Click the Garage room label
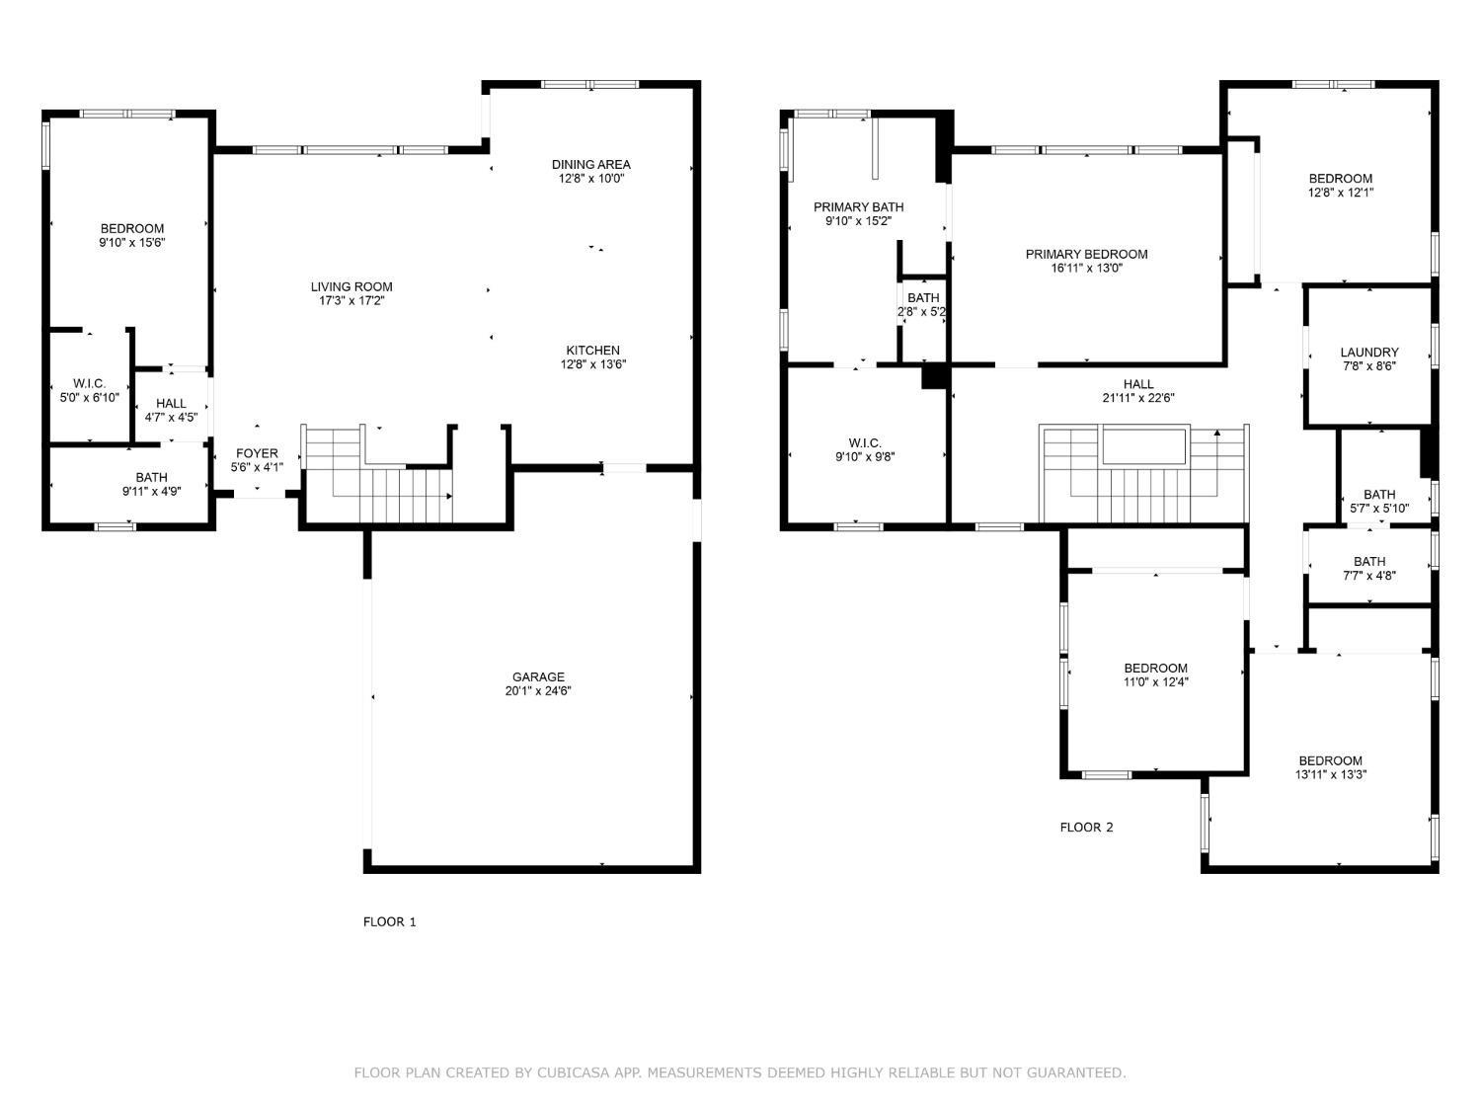(x=538, y=677)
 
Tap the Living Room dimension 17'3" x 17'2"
(x=351, y=301)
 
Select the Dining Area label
(x=590, y=164)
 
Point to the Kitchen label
(x=592, y=351)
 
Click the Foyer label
(x=257, y=453)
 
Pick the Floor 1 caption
(x=390, y=921)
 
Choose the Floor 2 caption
(x=1086, y=828)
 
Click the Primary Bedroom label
(x=1086, y=254)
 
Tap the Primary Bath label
(x=858, y=206)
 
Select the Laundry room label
(x=1369, y=352)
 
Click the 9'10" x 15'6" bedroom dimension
(x=131, y=242)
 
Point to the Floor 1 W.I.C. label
(x=89, y=383)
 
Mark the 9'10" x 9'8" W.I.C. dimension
(x=865, y=457)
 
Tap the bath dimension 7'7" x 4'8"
(x=1369, y=576)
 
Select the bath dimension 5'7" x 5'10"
(x=1379, y=509)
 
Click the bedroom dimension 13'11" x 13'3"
(x=1330, y=774)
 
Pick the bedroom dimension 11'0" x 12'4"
(x=1155, y=681)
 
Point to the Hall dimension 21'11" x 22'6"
(x=1137, y=399)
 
